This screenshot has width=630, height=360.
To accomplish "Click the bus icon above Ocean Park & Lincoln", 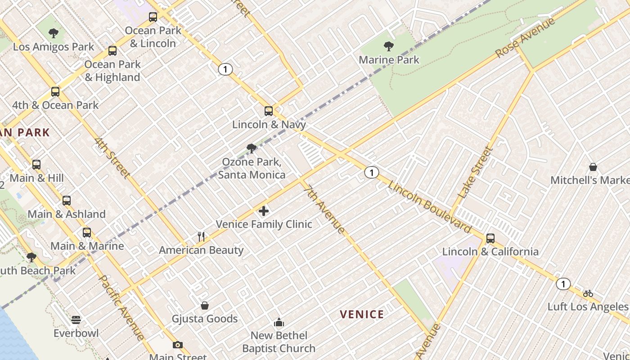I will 153,17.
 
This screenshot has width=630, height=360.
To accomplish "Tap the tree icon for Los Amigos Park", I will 54,33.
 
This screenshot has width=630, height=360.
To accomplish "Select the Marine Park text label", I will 389,59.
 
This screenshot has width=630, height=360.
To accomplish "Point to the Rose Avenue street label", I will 525,38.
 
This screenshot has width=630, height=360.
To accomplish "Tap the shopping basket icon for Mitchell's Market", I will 593,167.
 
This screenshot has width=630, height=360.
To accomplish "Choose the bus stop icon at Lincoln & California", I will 490,238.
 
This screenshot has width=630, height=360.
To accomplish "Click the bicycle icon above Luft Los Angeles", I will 588,293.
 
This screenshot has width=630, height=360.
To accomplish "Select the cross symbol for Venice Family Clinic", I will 264,211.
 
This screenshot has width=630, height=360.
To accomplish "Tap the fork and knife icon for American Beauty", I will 201,236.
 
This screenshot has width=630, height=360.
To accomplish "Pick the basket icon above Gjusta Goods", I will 205,306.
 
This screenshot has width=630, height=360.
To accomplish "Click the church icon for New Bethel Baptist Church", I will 279,322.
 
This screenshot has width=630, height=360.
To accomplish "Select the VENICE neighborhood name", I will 362,315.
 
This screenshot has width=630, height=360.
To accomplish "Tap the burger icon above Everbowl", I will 76,320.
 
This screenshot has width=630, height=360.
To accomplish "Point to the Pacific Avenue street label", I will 121,307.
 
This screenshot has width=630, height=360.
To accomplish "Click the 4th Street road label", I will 112,158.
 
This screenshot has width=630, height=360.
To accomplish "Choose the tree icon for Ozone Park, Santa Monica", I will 252,148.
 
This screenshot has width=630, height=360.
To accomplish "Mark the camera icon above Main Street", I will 178,345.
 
